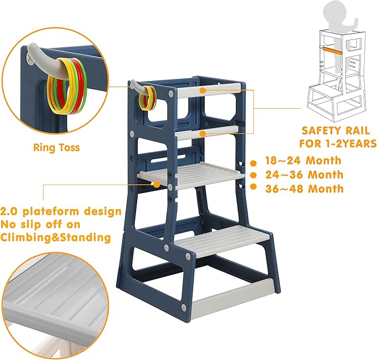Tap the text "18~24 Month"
(304, 161)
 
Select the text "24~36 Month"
(304, 175)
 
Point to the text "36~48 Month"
(304, 189)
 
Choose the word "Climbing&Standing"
(56, 237)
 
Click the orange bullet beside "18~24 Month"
(254, 163)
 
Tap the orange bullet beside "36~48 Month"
(254, 189)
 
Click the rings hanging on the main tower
(147, 98)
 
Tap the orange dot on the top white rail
(203, 89)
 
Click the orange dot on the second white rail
(203, 133)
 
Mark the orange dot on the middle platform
(158, 184)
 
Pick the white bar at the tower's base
(233, 300)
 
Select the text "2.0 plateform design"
(61, 211)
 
